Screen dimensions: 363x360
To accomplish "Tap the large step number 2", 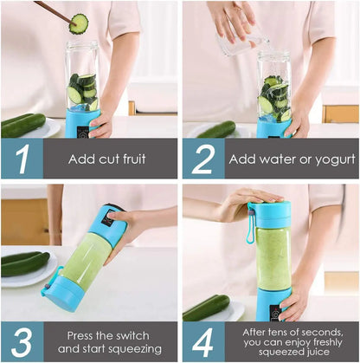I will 202,158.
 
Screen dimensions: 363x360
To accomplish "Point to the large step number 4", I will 202,340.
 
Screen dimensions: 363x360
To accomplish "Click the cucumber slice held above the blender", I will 79,23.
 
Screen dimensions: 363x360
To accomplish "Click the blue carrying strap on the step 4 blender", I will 250,229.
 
